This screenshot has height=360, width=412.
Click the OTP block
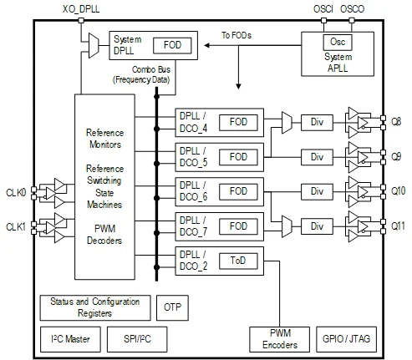click(172, 307)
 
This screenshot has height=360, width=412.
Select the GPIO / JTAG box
click(346, 339)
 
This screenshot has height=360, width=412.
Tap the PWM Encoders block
click(279, 339)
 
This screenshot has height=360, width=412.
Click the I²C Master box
click(70, 339)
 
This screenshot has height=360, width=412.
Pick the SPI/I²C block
click(137, 339)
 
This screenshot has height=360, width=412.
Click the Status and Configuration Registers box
click(95, 307)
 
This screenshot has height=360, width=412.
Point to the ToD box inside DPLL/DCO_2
click(238, 261)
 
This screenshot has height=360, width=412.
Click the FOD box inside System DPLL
click(172, 45)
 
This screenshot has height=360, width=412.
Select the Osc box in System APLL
click(338, 42)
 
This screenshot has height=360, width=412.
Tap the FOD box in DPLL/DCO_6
click(238, 191)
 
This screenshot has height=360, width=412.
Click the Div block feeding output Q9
click(317, 157)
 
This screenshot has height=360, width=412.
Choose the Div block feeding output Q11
click(317, 226)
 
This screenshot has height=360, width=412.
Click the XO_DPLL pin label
click(81, 9)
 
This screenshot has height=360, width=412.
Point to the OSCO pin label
click(352, 9)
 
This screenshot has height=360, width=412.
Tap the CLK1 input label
click(16, 227)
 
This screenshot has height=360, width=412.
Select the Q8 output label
click(396, 122)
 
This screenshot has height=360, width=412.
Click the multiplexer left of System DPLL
click(94, 46)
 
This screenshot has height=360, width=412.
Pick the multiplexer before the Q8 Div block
click(287, 123)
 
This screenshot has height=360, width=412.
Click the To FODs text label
click(237, 35)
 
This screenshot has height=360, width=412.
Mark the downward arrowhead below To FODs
click(238, 86)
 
